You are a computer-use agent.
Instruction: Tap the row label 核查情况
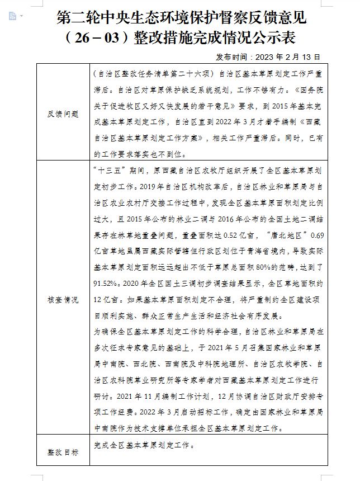tap(63, 299)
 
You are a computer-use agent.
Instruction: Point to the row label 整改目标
tap(63, 451)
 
